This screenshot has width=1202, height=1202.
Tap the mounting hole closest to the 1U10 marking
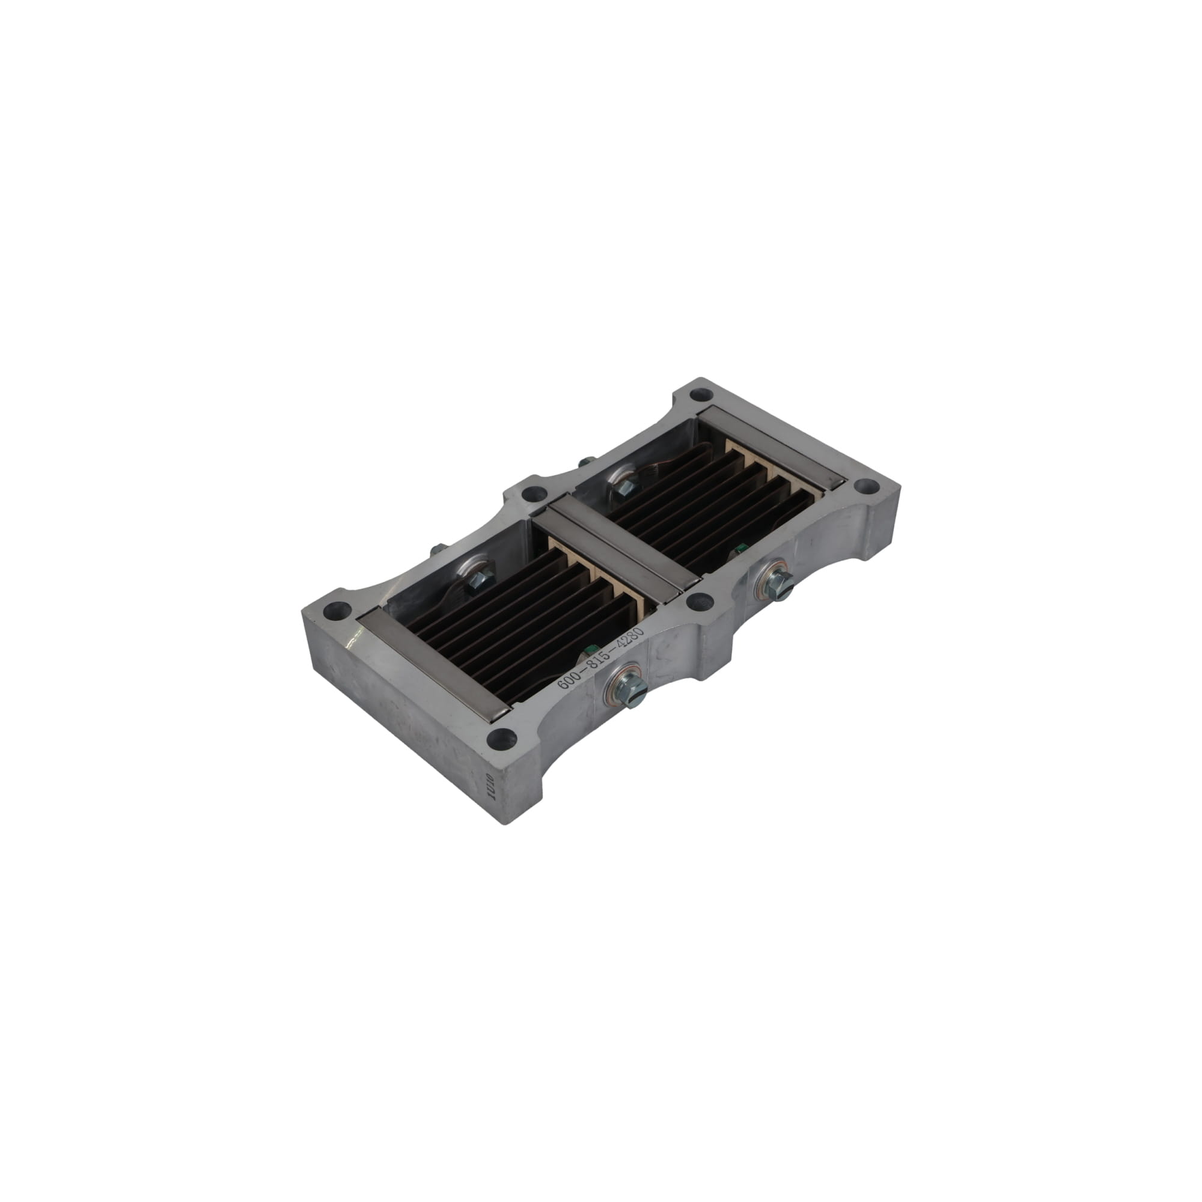(501, 739)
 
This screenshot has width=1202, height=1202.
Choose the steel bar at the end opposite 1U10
(771, 445)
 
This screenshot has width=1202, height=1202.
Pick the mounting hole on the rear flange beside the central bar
(532, 495)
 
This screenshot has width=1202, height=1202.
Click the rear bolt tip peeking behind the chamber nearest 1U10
(438, 550)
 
